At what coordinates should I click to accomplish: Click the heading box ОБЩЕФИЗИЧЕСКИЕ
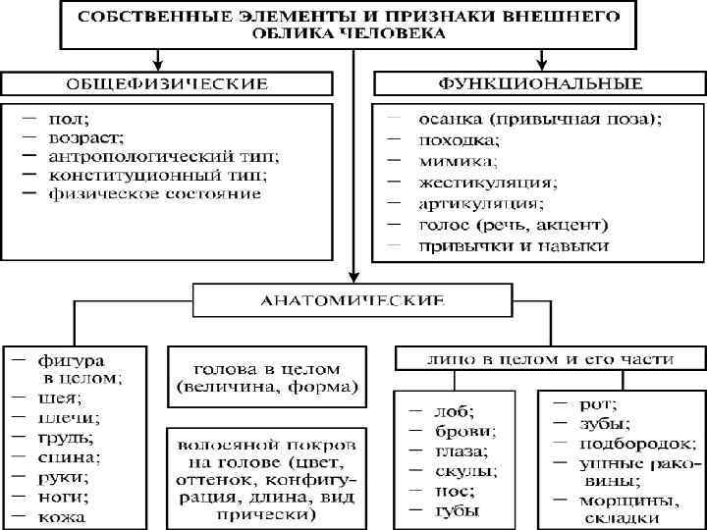(167, 81)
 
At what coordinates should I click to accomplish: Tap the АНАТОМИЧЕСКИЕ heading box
(352, 298)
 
